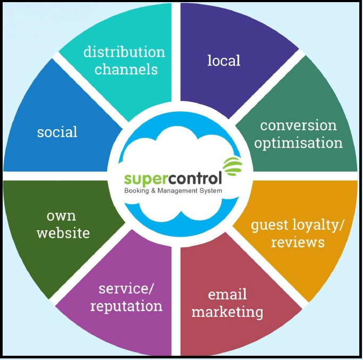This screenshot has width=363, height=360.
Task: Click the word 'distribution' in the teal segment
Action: tap(124, 52)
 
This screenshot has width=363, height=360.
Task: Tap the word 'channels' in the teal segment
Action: tap(126, 69)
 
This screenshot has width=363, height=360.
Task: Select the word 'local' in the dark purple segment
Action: tap(224, 60)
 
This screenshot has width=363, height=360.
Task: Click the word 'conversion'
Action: tap(298, 125)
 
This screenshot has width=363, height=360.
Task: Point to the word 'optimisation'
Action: tap(298, 143)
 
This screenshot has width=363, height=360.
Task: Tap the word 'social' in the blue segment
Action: tap(57, 132)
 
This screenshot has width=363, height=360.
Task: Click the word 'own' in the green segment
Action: tap(61, 216)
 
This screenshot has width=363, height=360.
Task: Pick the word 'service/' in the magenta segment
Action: tap(126, 289)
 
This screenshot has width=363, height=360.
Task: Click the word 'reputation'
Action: tap(126, 306)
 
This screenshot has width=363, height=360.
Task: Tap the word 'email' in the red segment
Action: tap(227, 294)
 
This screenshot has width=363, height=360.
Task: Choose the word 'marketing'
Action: tap(227, 312)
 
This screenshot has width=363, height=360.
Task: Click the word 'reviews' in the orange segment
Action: tap(298, 242)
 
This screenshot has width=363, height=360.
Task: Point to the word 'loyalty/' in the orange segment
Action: tap(320, 224)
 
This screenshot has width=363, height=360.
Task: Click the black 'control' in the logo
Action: tap(191, 177)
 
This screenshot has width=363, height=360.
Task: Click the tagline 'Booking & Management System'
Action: tap(173, 190)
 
